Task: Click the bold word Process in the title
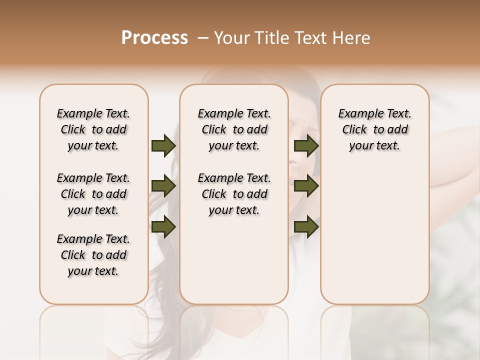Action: pyautogui.click(x=154, y=38)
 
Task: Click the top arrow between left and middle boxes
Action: pyautogui.click(x=163, y=146)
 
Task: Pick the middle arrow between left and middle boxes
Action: pyautogui.click(x=163, y=186)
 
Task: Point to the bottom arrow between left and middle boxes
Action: pyautogui.click(x=163, y=226)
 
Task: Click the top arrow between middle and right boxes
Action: pyautogui.click(x=306, y=146)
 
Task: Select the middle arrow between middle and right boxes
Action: pyautogui.click(x=306, y=186)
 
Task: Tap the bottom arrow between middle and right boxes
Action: pyautogui.click(x=306, y=226)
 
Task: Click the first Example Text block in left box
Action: pyautogui.click(x=93, y=129)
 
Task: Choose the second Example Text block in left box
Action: pyautogui.click(x=93, y=194)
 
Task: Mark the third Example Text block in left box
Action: pyautogui.click(x=93, y=255)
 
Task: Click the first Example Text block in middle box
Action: pyautogui.click(x=234, y=129)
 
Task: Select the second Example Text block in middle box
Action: pyautogui.click(x=234, y=194)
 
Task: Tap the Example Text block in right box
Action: pyautogui.click(x=374, y=129)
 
